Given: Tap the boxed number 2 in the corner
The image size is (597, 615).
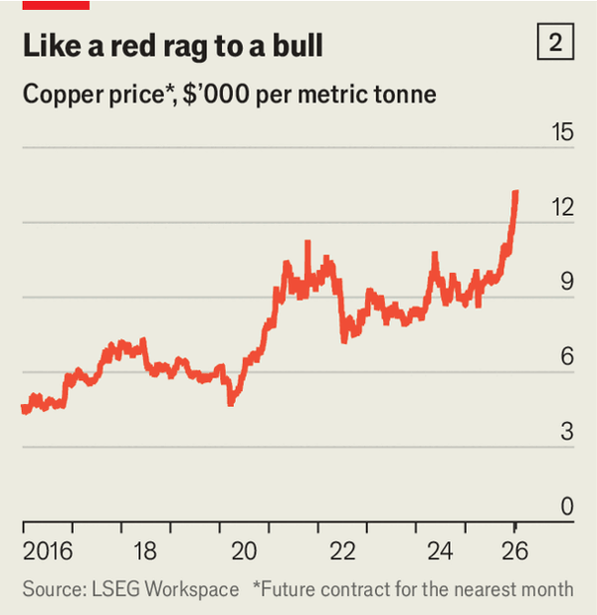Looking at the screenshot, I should coord(555,43).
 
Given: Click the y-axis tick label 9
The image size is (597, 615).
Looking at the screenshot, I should coord(566,282).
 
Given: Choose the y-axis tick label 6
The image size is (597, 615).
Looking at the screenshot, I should coord(566,356).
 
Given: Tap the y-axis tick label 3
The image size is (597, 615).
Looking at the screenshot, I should coord(566,431).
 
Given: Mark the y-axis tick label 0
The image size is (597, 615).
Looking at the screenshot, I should coord(566,507).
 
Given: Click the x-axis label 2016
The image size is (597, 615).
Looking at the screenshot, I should coord(47,551).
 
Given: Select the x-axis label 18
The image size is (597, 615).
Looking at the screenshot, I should coord(144,551).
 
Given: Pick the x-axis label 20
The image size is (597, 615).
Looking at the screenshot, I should coord(244,551).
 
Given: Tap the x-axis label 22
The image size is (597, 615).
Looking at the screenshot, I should coord(342,551).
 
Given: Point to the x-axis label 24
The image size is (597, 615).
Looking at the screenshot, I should coord(442,551).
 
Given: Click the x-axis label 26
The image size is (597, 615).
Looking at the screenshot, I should coord(514,551).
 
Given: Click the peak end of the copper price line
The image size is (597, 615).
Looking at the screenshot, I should coord(515,192).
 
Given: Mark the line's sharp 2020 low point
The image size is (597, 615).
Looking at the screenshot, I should coord(231,401).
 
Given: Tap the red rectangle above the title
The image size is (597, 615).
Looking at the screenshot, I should coord(56,4).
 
